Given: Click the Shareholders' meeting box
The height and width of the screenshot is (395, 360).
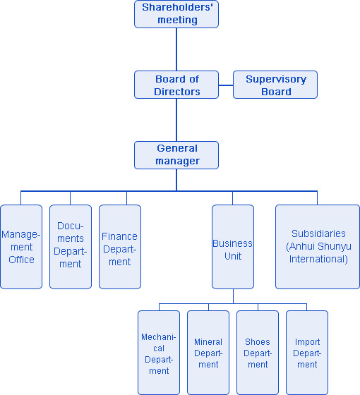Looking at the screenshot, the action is coord(176,14).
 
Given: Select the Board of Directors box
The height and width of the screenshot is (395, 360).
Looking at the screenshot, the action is coord(176,85).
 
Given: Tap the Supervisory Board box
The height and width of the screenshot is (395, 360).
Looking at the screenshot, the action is coord(275,85).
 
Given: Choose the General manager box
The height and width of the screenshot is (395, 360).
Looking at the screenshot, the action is coord(176,155).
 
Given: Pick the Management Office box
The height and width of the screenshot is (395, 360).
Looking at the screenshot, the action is coord(21,247).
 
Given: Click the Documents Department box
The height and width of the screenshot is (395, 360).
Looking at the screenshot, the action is coord(71,247).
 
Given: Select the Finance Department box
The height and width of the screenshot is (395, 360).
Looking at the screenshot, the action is coord(120,247).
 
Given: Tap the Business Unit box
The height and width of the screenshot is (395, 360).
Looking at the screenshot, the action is coord(233,247).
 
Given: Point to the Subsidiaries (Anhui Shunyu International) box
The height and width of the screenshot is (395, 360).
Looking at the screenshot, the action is coord(318,247).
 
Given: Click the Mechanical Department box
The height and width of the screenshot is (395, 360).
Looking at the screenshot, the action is coord(159,353).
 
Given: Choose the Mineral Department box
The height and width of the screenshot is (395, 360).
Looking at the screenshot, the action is coord(208,353).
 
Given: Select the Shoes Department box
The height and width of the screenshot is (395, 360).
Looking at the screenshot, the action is coord(258,353).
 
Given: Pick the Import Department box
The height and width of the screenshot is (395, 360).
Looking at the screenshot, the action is coord(307,353).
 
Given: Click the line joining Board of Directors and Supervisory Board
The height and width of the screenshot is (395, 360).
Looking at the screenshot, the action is coord(226,85).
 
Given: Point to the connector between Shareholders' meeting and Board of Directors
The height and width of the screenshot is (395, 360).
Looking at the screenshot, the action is coord(176,49).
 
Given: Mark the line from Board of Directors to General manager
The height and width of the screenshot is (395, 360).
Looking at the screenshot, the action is coord(176,120).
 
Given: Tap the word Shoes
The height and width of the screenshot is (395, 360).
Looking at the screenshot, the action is coord(258,342).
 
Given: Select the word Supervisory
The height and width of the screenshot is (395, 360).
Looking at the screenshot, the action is coord(276,79).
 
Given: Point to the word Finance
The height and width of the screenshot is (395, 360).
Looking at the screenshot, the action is coord(119,236).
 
